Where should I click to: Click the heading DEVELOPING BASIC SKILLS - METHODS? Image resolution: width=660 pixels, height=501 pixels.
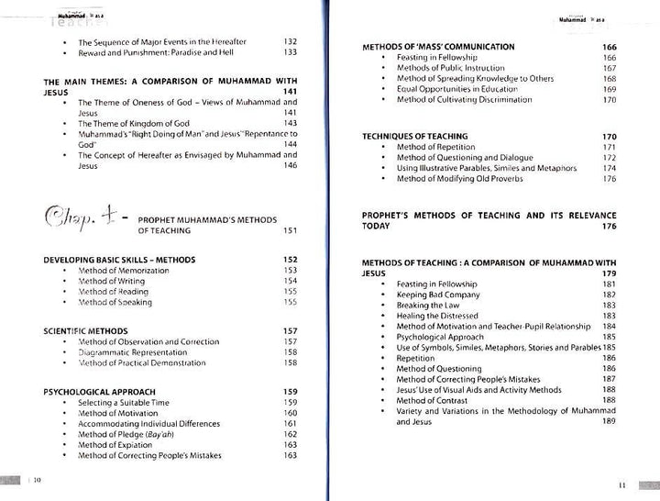(x=119, y=260)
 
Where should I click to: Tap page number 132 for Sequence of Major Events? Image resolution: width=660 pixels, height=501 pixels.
(x=291, y=42)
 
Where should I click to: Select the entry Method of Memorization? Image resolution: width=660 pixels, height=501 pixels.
(x=124, y=271)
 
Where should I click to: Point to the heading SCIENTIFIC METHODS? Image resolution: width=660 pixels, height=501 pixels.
(x=85, y=330)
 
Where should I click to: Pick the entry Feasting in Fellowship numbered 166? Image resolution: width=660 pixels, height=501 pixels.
(x=437, y=58)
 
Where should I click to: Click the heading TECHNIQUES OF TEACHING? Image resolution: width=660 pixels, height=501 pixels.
(x=414, y=137)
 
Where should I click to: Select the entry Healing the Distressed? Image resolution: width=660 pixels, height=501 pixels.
(x=437, y=316)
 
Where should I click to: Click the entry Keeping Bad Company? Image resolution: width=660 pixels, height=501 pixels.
(x=438, y=295)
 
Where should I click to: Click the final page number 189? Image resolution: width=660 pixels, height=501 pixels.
(x=609, y=421)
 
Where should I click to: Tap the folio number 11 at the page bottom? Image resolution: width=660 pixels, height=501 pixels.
(x=621, y=484)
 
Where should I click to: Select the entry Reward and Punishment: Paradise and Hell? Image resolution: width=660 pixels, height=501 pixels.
(x=157, y=53)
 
